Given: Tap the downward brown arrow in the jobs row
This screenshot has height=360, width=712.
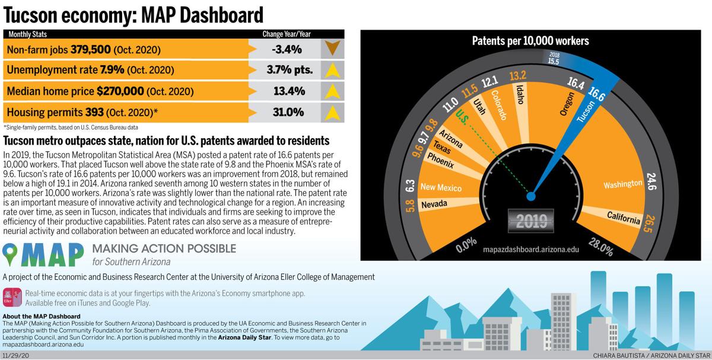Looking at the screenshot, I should coord(332,48).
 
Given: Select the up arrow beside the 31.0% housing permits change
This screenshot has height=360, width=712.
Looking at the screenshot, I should coord(332,112).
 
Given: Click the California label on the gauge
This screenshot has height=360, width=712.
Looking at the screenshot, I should coord(623,218).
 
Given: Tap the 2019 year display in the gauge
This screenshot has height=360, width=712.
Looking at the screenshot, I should coord(531,222).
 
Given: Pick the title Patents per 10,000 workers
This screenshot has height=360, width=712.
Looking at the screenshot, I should coord(530,41).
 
